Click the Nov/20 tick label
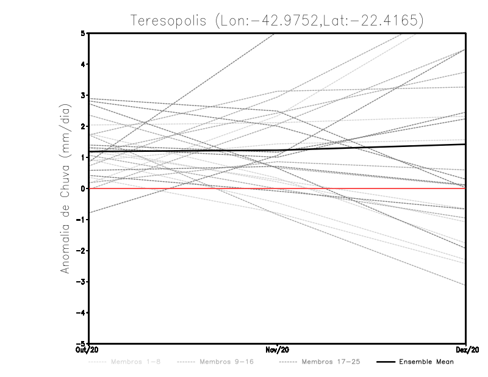(278, 349)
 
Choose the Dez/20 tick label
(466, 349)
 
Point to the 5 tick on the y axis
(84, 33)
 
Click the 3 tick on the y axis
(84, 95)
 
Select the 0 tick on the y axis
(84, 188)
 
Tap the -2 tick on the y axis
(82, 251)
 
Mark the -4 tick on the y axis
(82, 312)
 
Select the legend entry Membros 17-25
(331, 362)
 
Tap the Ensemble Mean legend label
(426, 362)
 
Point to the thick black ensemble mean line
(366, 147)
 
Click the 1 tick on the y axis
(84, 157)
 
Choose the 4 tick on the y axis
(84, 64)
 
